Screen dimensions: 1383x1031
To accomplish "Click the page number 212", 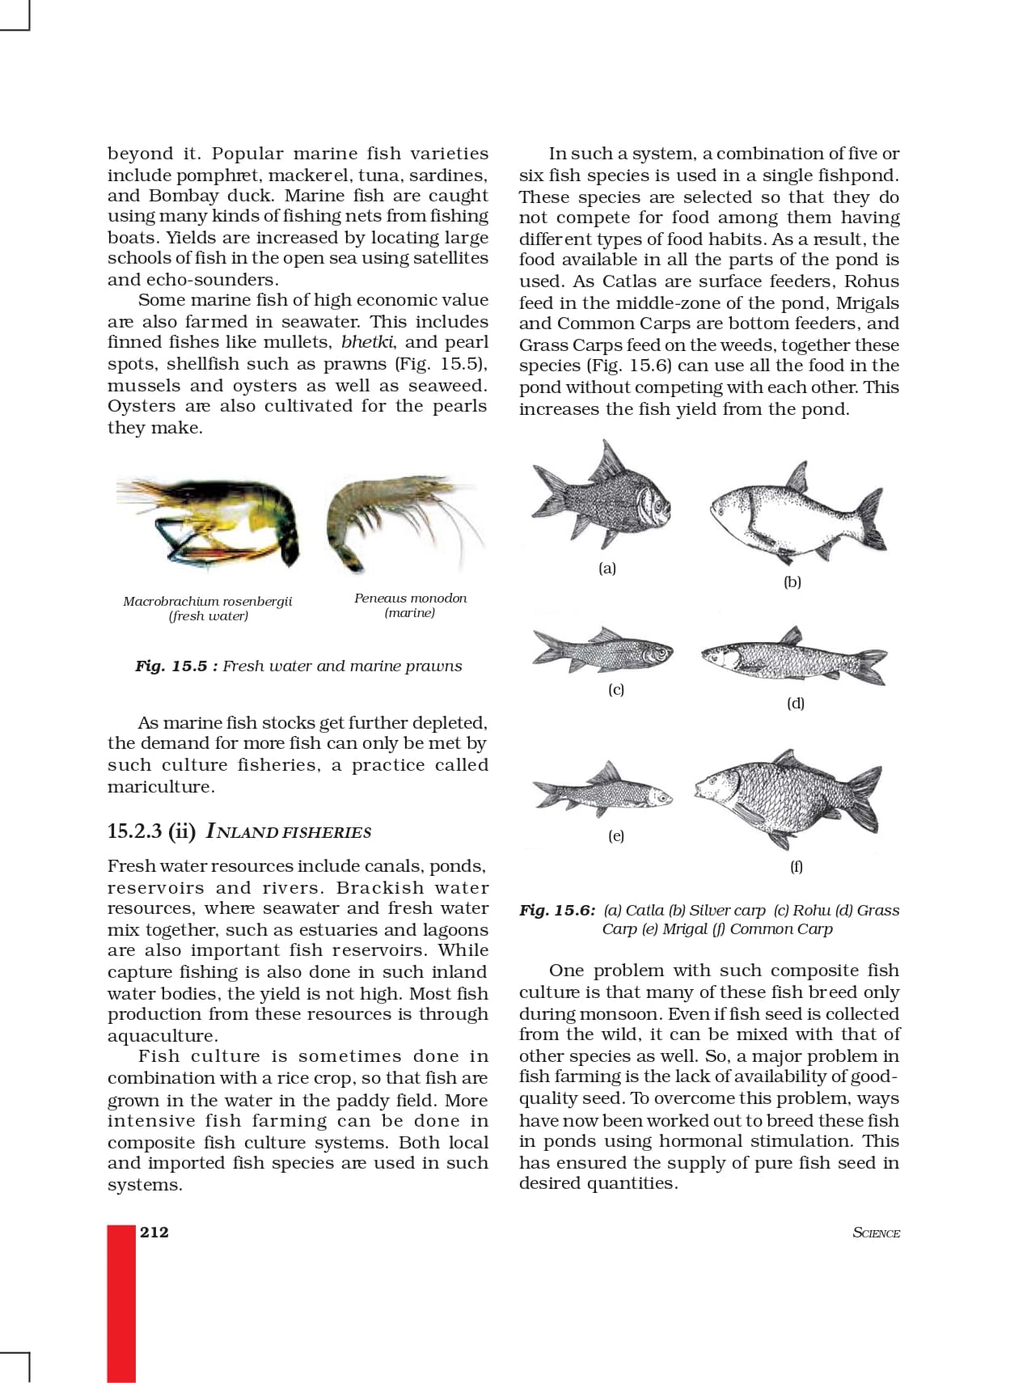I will [154, 1232].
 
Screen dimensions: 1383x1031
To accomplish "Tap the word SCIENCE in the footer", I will [876, 1233].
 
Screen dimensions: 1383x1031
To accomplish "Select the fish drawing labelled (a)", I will [602, 496].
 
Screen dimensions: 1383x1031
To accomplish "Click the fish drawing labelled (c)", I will [602, 650].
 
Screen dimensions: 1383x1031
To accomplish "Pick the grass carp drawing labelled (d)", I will [793, 656].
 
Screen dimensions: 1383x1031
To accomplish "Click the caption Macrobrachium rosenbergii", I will [208, 601].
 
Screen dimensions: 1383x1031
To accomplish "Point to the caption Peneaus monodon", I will [410, 598].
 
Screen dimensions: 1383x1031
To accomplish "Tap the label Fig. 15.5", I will [171, 666].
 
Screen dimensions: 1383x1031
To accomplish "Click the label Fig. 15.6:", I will [557, 910].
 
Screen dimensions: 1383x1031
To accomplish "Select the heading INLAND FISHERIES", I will [289, 831].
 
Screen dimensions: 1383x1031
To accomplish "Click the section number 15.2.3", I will [134, 831].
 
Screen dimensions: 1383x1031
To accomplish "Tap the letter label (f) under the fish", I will [796, 866].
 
